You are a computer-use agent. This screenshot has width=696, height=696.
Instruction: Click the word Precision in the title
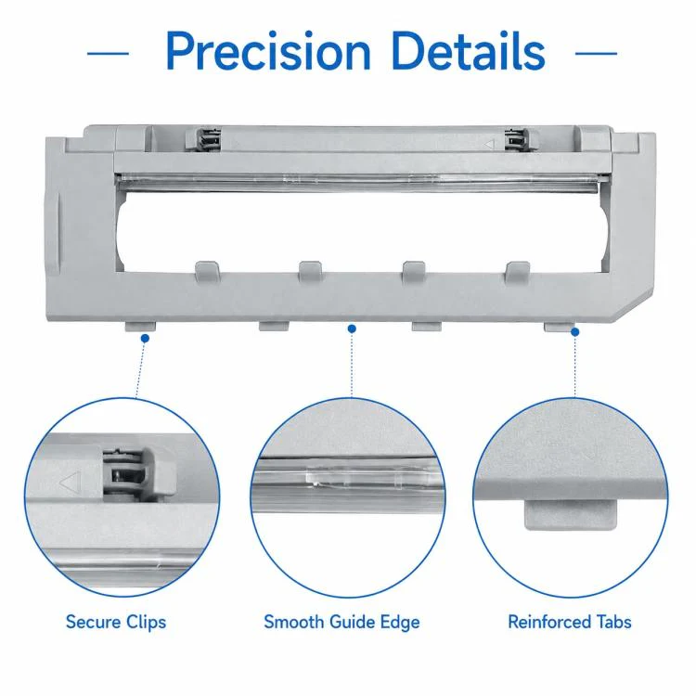pos(268,51)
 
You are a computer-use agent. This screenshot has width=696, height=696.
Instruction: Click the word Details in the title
pos(469,51)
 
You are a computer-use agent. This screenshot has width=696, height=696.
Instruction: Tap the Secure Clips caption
pos(116,623)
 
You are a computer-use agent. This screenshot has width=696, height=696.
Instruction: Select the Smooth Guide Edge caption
pos(342,623)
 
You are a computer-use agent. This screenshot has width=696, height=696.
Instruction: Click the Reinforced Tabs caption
pos(570,622)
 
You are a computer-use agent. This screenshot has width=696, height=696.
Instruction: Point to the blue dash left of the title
pos(108,54)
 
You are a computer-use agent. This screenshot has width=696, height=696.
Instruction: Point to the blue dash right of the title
pos(596,54)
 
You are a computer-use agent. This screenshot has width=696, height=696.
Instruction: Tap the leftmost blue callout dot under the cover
pos(145,338)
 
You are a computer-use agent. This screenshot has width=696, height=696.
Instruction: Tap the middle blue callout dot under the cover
pos(352,329)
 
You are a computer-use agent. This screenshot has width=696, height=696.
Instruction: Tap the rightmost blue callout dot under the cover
pos(574,332)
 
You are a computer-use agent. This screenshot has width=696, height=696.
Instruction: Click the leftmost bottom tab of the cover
pos(140,327)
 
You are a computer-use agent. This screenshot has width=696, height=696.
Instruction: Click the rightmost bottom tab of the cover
pos(557,327)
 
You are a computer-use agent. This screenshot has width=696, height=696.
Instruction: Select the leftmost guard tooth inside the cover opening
pos(207,272)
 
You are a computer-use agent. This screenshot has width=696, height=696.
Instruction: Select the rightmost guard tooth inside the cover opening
pos(518,272)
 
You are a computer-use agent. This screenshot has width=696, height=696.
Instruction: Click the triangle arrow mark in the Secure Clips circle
pos(71,483)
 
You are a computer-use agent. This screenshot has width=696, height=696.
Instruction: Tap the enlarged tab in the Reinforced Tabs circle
pos(571,514)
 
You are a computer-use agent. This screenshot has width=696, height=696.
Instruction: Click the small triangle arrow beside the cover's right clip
pos(489,144)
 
